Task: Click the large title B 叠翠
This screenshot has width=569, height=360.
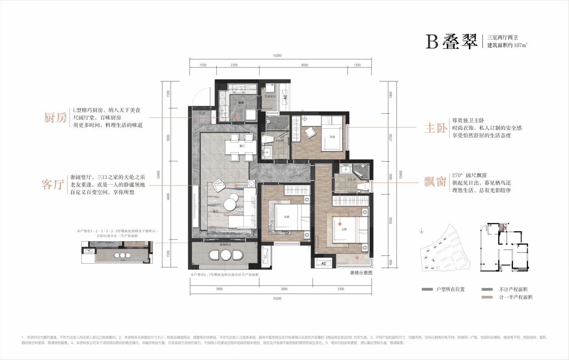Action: pos(452,41)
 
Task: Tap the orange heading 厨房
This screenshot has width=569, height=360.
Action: pos(55,118)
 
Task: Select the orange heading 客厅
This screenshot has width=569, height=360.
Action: pos(53,185)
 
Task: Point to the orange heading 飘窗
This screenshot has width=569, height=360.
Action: pos(435,182)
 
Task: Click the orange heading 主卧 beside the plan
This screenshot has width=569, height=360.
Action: pos(436,128)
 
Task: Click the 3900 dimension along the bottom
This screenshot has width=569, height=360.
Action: pos(219,289)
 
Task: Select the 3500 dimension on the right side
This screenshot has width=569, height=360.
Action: pos(390,220)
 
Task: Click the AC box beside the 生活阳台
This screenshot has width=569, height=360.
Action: pos(285,97)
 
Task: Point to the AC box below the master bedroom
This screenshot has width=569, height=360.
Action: pos(324,263)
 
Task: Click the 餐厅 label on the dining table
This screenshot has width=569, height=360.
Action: pos(241,146)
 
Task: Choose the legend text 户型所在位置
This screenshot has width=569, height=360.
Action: pos(450,289)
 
